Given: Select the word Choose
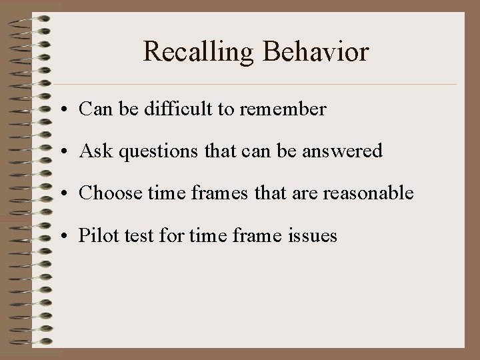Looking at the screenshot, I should tap(105, 193).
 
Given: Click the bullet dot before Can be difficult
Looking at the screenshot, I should tap(69, 110).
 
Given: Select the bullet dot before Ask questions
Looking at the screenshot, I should tap(69, 152).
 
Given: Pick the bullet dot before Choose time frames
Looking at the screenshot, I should tap(69, 194).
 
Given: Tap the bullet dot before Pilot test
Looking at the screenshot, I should tap(69, 236).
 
